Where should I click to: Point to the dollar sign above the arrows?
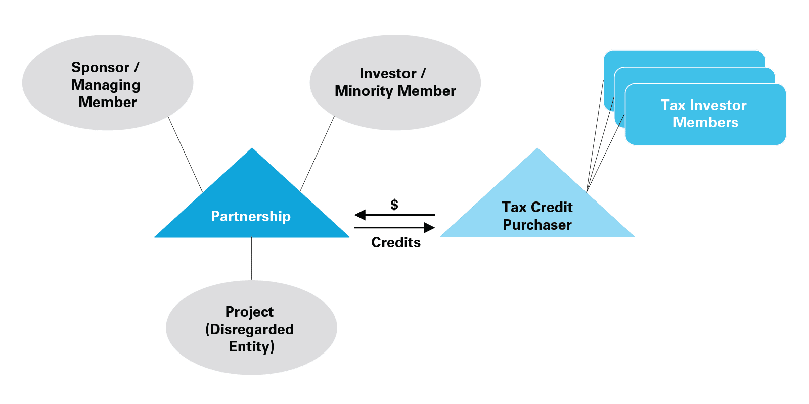pyautogui.click(x=394, y=205)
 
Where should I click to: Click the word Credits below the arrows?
pyautogui.click(x=396, y=242)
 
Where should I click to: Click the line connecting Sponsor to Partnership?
pyautogui.click(x=185, y=154)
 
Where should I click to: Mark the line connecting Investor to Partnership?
pyautogui.click(x=318, y=154)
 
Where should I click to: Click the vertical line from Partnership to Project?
pyautogui.click(x=251, y=259)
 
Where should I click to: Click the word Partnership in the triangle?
pyautogui.click(x=251, y=216)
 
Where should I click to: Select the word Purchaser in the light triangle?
pyautogui.click(x=537, y=225)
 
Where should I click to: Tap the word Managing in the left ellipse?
pyautogui.click(x=106, y=85)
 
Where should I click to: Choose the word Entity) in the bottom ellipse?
pyautogui.click(x=251, y=346)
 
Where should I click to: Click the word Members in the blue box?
pyautogui.click(x=705, y=122)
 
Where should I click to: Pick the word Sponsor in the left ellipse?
pyautogui.click(x=101, y=67)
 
